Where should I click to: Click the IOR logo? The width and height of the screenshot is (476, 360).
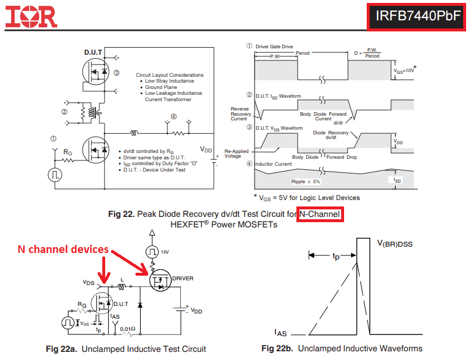tap(31, 17)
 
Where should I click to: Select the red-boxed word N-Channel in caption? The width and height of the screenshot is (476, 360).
tap(319, 215)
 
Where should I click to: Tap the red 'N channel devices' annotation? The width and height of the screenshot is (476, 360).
tap(63, 249)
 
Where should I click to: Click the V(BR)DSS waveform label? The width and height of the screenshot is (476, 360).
tap(403, 244)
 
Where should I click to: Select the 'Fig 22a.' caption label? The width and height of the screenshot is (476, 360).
tap(62, 349)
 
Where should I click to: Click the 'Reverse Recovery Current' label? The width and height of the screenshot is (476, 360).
tap(240, 113)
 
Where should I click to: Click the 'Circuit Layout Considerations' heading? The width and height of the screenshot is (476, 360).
tap(170, 75)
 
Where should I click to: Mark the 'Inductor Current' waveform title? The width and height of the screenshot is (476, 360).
tap(273, 164)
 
